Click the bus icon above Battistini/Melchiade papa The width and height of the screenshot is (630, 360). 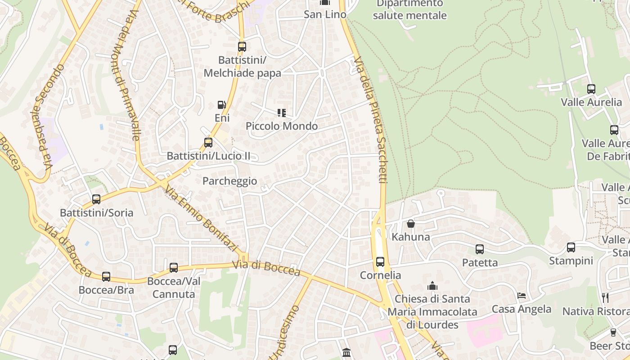(x=242, y=46)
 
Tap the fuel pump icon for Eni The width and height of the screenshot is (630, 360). (x=221, y=105)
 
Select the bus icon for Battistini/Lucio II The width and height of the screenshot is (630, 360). (x=208, y=143)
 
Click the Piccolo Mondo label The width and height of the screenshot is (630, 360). (x=282, y=126)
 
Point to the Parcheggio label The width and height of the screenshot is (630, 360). (x=229, y=181)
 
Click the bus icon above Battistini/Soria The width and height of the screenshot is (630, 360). (x=96, y=199)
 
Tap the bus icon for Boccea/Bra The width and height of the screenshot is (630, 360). (x=106, y=276)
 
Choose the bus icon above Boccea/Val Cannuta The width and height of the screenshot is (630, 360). (x=174, y=268)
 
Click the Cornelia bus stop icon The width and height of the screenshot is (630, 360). (x=380, y=261)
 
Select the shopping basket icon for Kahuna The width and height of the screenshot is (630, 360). (x=411, y=223)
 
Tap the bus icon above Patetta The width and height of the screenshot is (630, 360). (x=480, y=249)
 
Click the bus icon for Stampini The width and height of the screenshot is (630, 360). (x=571, y=247)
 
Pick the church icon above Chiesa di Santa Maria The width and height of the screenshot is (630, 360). (x=432, y=286)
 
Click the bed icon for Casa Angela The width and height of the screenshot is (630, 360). (x=522, y=296)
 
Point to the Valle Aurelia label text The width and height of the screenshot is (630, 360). (x=591, y=102)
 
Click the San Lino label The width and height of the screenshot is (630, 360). (x=325, y=14)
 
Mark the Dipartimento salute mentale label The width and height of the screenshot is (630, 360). (x=409, y=9)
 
